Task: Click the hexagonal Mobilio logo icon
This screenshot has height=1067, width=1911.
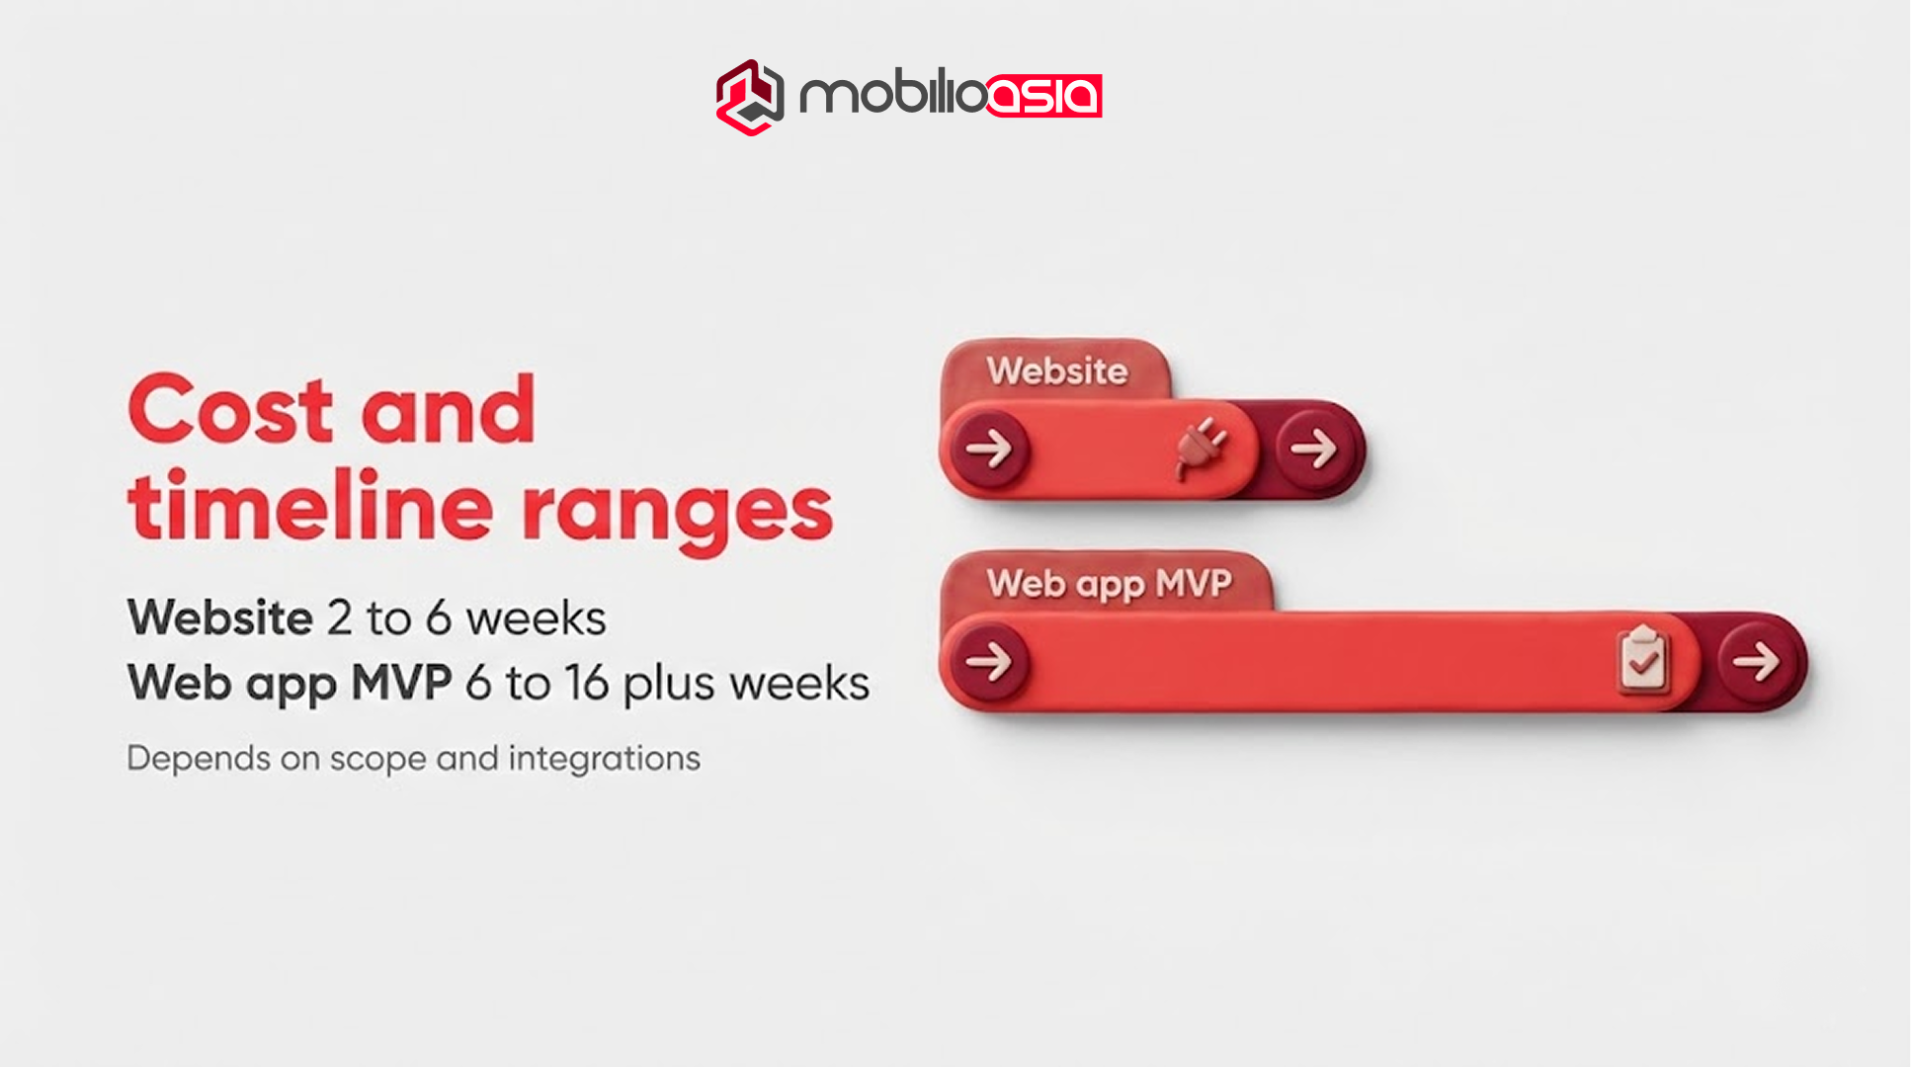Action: (x=749, y=97)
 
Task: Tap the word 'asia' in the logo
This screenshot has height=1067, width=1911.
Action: (x=1043, y=96)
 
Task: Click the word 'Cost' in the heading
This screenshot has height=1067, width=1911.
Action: (x=230, y=409)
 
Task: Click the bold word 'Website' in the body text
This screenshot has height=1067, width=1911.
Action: (x=220, y=618)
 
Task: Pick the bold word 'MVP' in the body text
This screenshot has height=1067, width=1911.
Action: (x=402, y=683)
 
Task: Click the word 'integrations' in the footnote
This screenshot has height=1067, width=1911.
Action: (x=604, y=759)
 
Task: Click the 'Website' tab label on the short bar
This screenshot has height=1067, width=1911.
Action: (x=1056, y=371)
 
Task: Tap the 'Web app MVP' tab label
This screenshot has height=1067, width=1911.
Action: (x=1109, y=584)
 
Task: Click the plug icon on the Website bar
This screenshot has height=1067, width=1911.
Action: (x=1202, y=448)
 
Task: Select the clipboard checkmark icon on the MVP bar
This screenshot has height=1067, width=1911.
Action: (x=1643, y=659)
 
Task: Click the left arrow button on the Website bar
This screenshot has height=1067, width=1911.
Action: (x=989, y=449)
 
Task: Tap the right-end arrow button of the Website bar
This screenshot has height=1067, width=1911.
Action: (x=1314, y=450)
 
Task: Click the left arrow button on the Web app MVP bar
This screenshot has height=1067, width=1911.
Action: (x=989, y=661)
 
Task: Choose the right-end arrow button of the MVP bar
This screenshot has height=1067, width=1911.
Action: (x=1756, y=661)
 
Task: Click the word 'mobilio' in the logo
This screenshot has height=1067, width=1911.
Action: (x=890, y=96)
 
